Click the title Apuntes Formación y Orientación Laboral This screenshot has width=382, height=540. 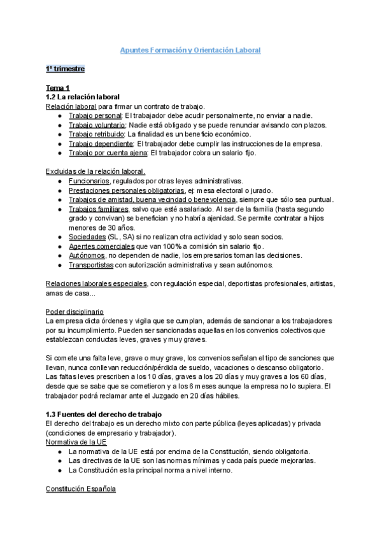191,50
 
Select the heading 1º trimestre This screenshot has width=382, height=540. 65,68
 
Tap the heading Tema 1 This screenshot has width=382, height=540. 58,87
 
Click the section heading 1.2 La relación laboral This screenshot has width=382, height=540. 83,96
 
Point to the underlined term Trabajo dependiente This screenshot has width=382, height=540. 101,144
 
